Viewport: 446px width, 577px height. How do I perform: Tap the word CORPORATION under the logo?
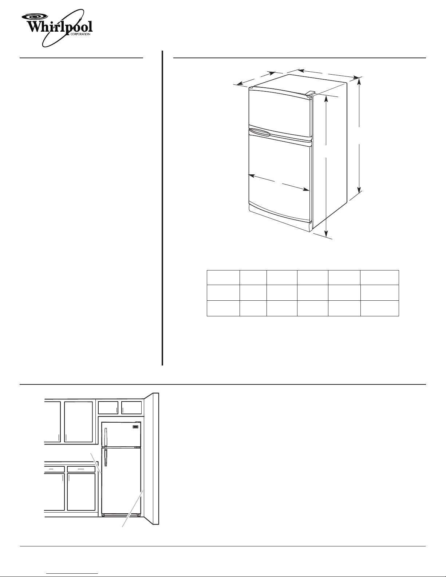pyautogui.click(x=80, y=34)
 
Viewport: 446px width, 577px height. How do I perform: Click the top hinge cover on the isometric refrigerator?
pyautogui.click(x=310, y=93)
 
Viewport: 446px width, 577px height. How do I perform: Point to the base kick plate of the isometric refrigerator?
pyautogui.click(x=280, y=218)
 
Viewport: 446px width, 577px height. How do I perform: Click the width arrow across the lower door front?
pyautogui.click(x=279, y=182)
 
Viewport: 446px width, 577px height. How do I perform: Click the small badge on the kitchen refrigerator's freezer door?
pyautogui.click(x=135, y=427)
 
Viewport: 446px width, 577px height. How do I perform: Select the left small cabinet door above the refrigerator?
pyautogui.click(x=108, y=408)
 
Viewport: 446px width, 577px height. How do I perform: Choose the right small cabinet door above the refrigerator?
pyautogui.click(x=131, y=408)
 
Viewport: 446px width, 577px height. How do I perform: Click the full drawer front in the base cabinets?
pyautogui.click(x=81, y=469)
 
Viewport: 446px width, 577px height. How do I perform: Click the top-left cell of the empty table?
pyautogui.click(x=223, y=278)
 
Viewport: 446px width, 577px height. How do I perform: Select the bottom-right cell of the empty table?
pyautogui.click(x=380, y=308)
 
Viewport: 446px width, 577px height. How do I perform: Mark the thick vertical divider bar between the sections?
pyautogui.click(x=162, y=208)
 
